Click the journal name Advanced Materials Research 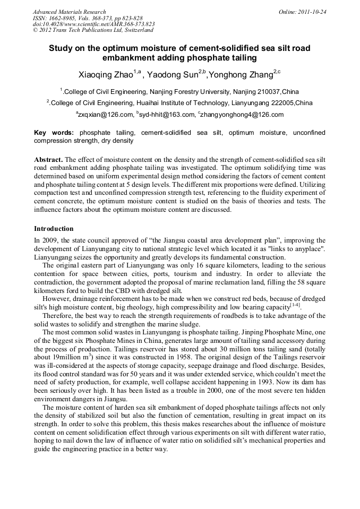click(x=69, y=12)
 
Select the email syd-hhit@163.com click(x=166, y=115)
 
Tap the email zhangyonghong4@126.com click(x=242, y=115)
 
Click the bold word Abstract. click(x=48, y=159)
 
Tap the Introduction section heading click(x=54, y=229)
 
